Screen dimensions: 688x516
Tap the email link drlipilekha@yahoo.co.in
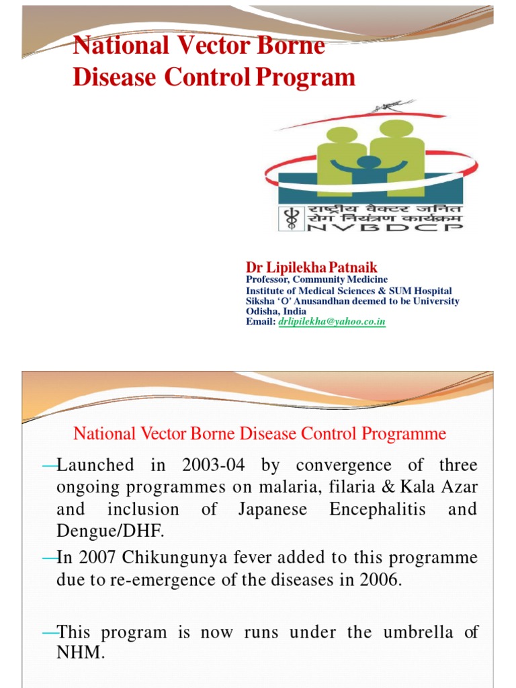332,322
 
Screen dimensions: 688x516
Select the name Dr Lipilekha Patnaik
312,268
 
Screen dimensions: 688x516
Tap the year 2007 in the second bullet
93,558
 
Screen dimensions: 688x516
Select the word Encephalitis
378,509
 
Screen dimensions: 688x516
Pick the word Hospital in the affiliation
432,290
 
